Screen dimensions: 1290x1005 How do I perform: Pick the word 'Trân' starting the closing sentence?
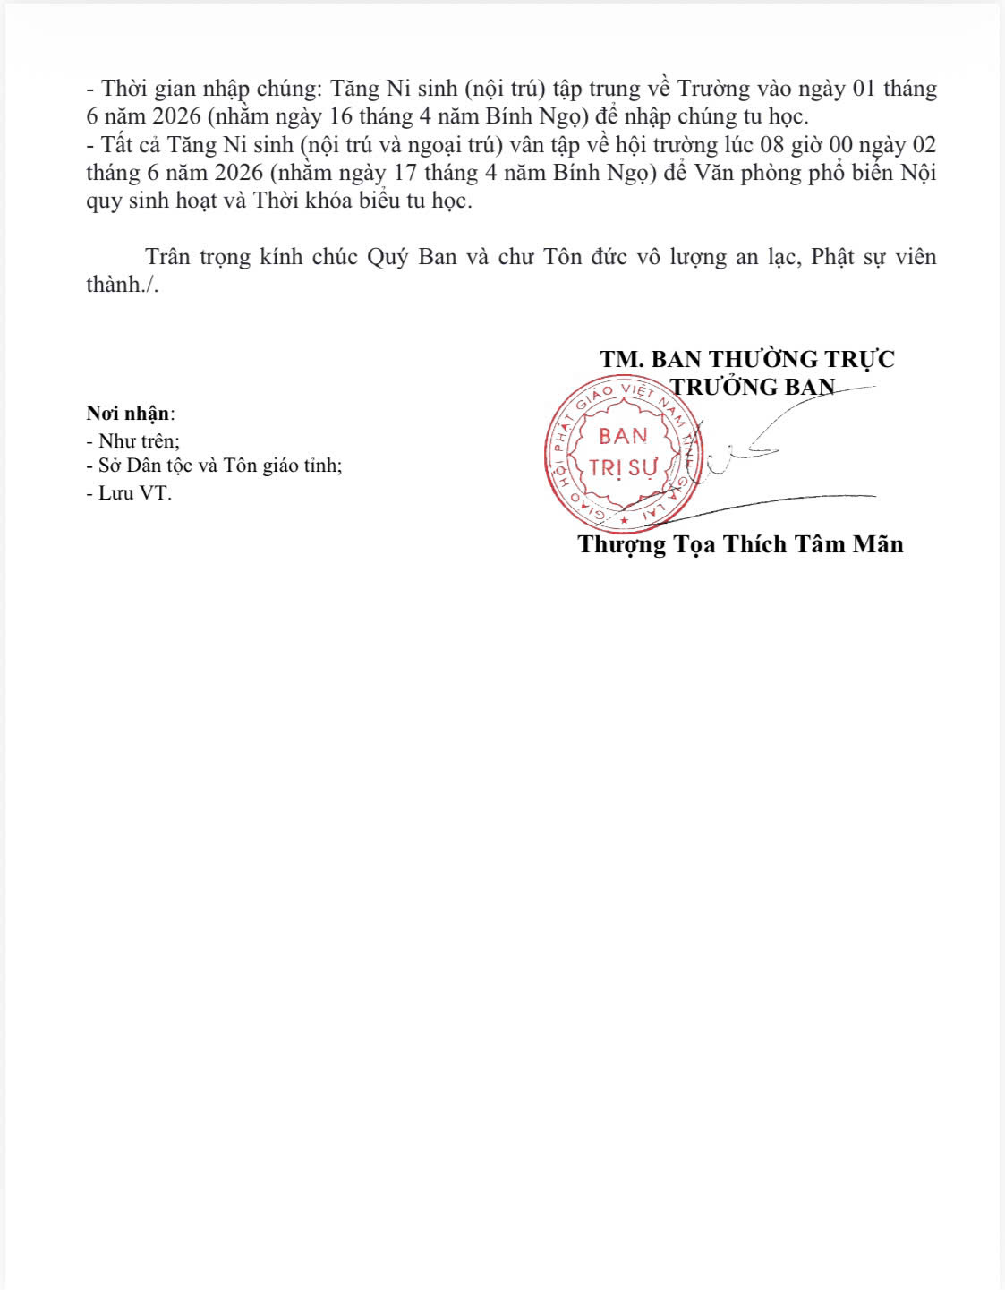pos(167,257)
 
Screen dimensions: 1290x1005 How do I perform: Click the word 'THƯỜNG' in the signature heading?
pos(760,359)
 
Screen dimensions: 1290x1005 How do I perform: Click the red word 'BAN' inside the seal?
pos(623,437)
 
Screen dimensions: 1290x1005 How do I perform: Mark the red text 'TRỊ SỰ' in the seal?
pos(623,467)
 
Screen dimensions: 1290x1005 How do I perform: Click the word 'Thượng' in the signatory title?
pos(621,544)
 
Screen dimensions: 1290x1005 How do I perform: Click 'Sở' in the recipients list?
pos(109,466)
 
